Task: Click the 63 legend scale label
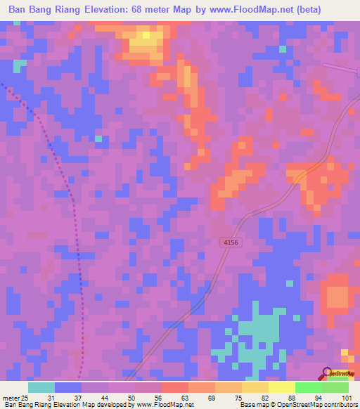tap(184, 398)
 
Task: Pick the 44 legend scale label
tap(104, 398)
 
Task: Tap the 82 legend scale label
tap(264, 398)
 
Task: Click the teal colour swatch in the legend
tap(41, 387)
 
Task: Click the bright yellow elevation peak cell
tap(146, 34)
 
